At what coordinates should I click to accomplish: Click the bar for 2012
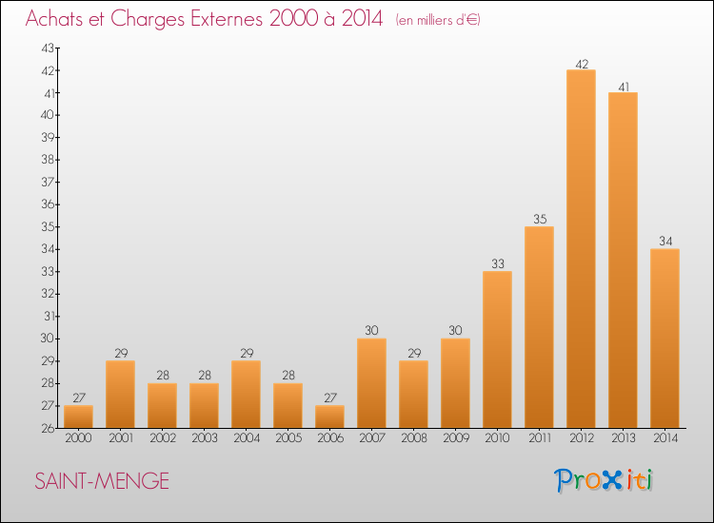click(x=581, y=249)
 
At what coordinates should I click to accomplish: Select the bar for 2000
click(x=78, y=416)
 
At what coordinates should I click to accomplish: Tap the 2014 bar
click(x=664, y=339)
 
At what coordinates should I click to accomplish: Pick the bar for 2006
click(x=329, y=416)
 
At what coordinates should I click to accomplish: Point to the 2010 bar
click(x=497, y=349)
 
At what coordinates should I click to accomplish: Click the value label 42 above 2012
click(x=582, y=64)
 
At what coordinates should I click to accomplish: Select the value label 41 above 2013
click(x=624, y=87)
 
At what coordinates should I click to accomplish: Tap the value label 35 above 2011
click(x=540, y=219)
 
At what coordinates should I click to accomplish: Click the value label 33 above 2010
click(x=498, y=263)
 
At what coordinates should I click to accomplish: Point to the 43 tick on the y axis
click(x=48, y=48)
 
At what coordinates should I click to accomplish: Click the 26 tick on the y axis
click(x=48, y=428)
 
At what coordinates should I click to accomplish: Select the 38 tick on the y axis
click(x=48, y=159)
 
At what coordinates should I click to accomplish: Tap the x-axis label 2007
click(x=372, y=437)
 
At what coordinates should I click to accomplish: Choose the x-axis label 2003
click(x=205, y=437)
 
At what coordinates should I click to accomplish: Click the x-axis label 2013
click(x=624, y=437)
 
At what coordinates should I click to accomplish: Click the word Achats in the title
click(x=54, y=19)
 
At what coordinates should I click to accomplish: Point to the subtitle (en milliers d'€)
click(x=438, y=20)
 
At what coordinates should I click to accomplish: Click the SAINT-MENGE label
click(x=102, y=481)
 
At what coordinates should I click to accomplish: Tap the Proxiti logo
click(x=604, y=480)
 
